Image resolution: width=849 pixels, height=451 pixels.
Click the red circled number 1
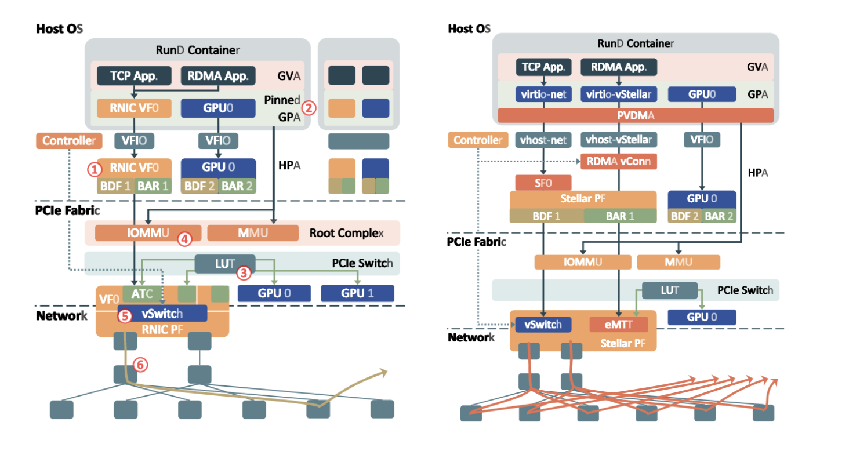click(95, 169)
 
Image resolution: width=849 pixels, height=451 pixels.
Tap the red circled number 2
click(309, 107)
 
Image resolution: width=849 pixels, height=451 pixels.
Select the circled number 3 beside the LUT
click(245, 271)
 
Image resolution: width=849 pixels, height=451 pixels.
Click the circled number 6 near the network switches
click(140, 365)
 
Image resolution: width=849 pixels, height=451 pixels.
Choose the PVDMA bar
click(636, 116)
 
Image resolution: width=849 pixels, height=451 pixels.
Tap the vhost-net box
click(543, 140)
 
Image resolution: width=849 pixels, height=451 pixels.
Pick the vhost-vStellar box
click(618, 140)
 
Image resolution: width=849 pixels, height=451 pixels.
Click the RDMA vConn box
click(618, 162)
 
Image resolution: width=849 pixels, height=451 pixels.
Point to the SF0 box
click(539, 183)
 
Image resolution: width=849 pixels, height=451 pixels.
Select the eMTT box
click(618, 325)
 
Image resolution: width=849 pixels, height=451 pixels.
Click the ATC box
click(141, 293)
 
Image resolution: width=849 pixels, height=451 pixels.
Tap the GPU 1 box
click(357, 293)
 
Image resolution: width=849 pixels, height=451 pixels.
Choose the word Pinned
click(282, 100)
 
